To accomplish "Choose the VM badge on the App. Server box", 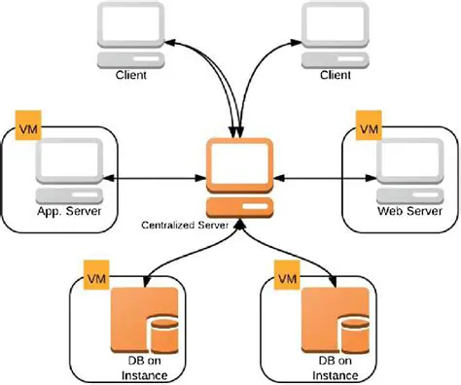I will tap(27, 128).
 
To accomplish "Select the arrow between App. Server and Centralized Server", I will tap(157, 179).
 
